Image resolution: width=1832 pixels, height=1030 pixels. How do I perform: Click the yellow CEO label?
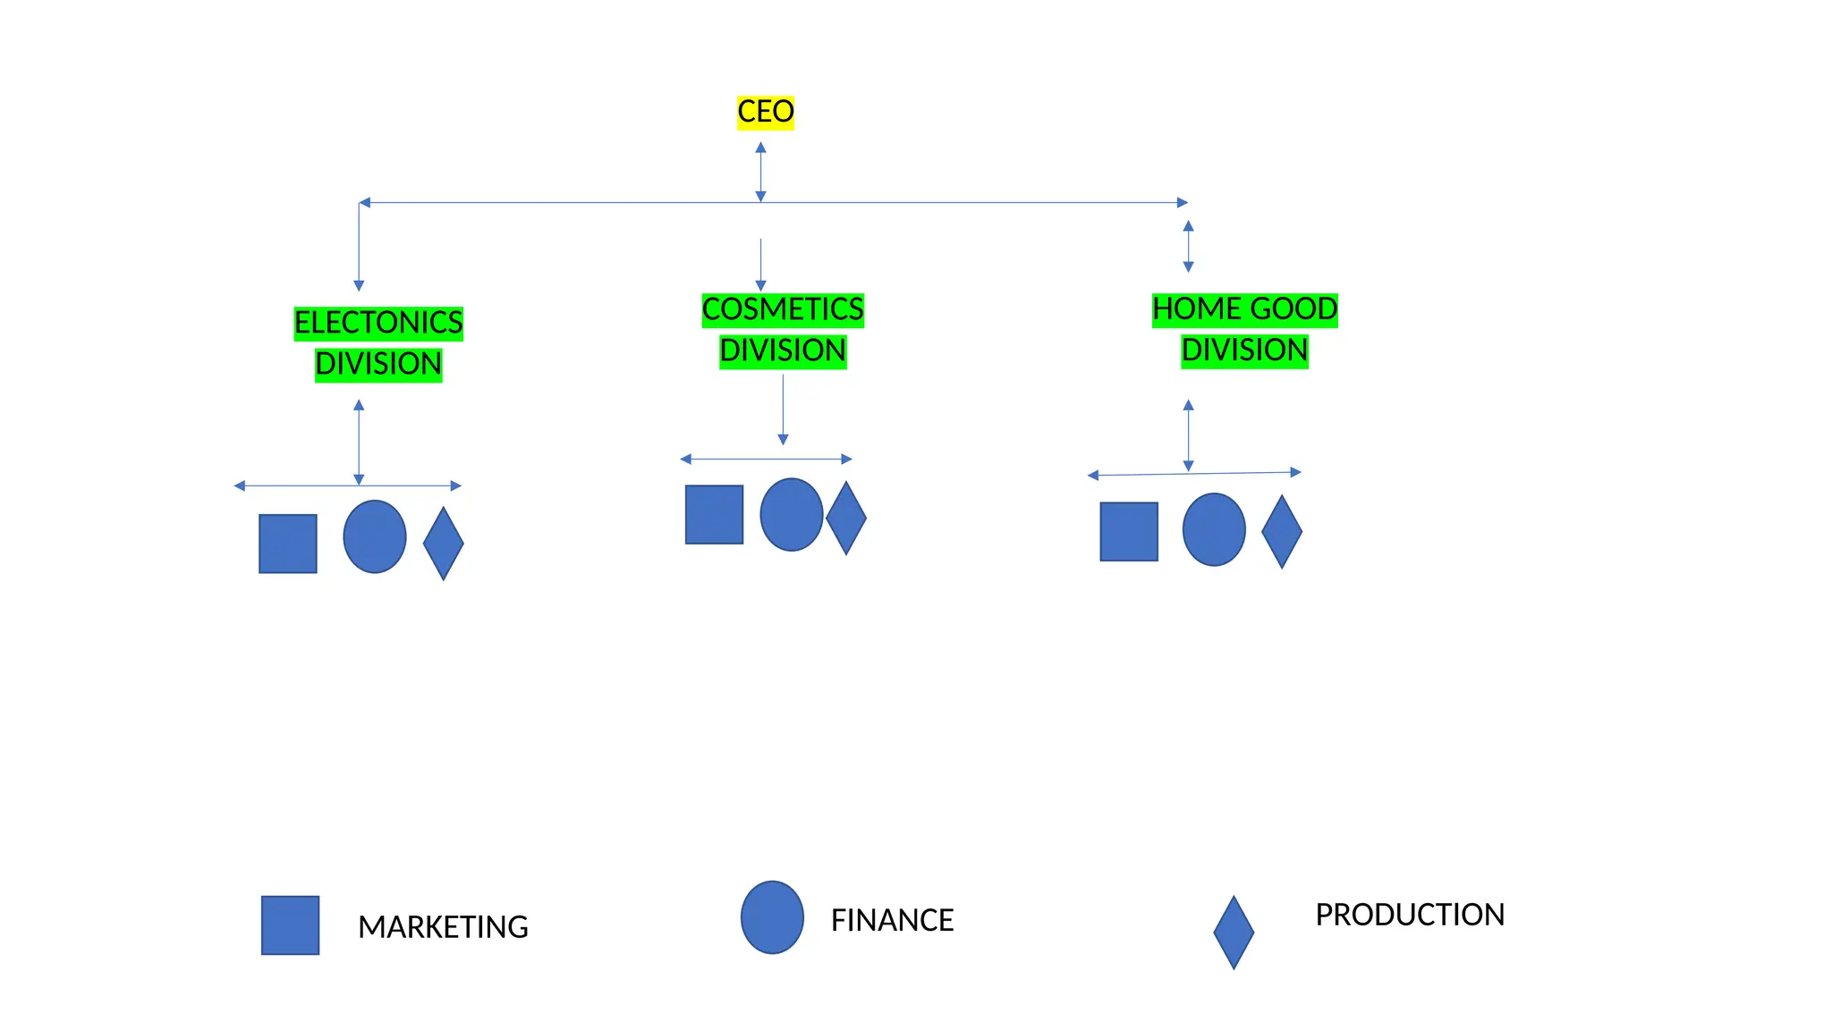pos(765,113)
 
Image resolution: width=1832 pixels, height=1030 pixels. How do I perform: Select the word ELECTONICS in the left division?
pos(378,323)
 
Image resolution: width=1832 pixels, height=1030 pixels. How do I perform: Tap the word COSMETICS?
pos(783,309)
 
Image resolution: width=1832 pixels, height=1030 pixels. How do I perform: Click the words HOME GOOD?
pos(1244,309)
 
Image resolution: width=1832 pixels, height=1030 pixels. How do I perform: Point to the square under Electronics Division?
pos(287,544)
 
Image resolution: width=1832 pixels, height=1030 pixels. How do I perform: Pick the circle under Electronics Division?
pos(375,536)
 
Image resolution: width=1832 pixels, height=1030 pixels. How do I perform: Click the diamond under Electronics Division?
pos(443,544)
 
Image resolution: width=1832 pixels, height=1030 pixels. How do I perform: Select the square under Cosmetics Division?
pos(714,515)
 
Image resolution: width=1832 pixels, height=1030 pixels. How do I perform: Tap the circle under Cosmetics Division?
pos(792,515)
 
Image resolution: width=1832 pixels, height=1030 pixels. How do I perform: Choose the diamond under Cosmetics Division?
pos(846,518)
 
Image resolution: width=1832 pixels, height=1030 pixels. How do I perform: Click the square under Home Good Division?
pos(1129,532)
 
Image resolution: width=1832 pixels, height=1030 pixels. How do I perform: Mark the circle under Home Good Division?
pos(1214,530)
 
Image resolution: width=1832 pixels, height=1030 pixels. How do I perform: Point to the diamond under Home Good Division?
pos(1282,532)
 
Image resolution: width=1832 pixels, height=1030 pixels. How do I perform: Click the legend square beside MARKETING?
pos(290,925)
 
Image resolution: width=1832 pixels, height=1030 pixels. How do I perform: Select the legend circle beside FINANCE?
pos(772,917)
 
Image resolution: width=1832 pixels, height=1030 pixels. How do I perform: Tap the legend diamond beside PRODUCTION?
pos(1234,933)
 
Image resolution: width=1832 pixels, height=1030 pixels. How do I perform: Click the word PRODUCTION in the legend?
pos(1410,916)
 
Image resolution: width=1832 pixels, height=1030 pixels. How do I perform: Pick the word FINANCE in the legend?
pos(892,921)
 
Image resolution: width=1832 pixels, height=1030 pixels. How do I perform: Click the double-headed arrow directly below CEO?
pos(760,172)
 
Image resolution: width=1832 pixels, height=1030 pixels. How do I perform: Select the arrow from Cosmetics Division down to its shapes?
pos(783,409)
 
